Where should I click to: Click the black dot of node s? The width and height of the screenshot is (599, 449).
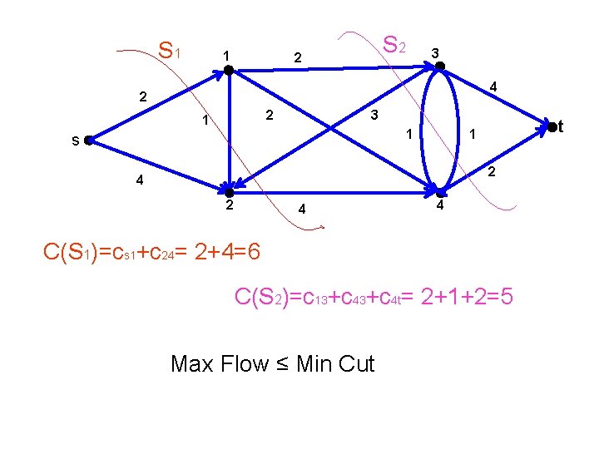click(x=88, y=141)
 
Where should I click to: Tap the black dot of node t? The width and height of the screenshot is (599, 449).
click(x=551, y=126)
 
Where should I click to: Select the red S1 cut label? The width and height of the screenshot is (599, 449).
click(x=170, y=52)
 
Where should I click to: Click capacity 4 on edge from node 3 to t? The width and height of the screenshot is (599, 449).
click(x=493, y=86)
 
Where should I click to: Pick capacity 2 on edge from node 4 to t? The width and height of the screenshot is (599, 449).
click(x=492, y=173)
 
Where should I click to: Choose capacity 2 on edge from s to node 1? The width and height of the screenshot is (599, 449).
click(x=142, y=97)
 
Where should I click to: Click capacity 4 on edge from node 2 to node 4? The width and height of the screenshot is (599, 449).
click(x=303, y=210)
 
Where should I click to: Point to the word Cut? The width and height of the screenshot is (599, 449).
click(x=356, y=363)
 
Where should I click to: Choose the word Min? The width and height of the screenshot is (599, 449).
click(x=314, y=363)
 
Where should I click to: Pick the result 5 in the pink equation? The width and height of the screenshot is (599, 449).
click(x=507, y=297)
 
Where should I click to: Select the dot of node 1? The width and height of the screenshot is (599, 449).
click(x=228, y=72)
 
